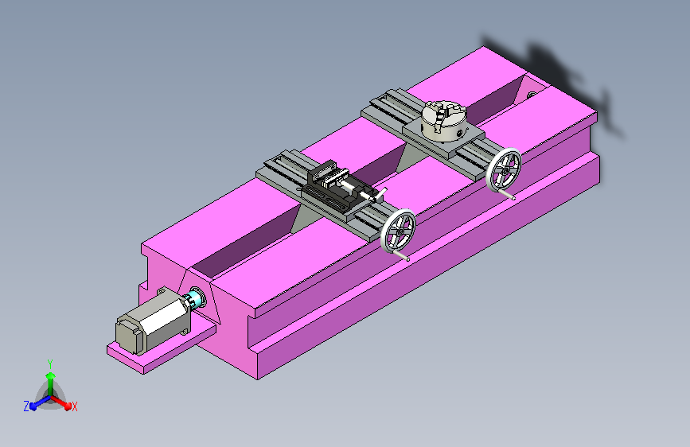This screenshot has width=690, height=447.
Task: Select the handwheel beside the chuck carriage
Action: pos(504,169)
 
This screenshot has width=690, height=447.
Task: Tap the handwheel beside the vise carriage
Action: pos(398,231)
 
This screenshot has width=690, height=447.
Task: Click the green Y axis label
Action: pos(50,364)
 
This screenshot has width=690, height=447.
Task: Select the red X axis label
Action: pos(74,407)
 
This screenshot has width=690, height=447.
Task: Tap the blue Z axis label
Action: pos(26,406)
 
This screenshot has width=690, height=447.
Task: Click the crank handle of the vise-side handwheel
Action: pos(401,255)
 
